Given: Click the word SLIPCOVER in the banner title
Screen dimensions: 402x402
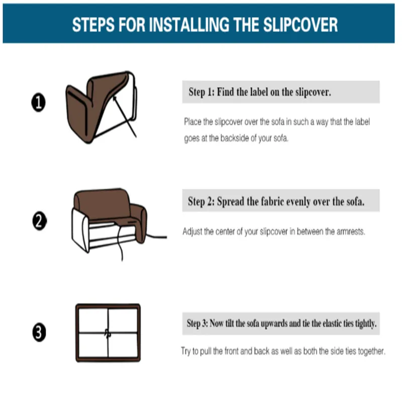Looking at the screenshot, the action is (300, 25).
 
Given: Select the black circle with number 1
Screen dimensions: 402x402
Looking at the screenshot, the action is (39, 103).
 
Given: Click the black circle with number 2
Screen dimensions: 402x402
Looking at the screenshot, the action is (40, 221).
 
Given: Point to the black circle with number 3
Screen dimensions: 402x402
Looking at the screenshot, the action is (39, 332).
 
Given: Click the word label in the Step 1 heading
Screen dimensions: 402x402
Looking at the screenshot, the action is (258, 92).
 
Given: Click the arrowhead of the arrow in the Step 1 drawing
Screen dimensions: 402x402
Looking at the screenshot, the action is (115, 98).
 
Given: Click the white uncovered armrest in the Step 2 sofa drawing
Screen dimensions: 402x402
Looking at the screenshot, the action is (80, 230).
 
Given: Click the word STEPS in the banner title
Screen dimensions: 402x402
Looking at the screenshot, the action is (93, 25).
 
